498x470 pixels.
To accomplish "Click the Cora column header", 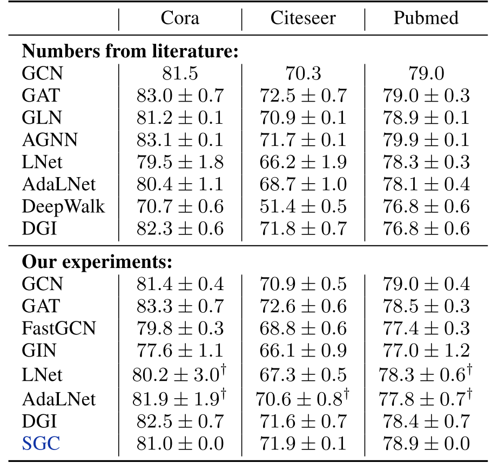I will click(179, 18).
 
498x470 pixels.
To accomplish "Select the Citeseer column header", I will click(302, 18).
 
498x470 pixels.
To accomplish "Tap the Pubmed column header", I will click(426, 18).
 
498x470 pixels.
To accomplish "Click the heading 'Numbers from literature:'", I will click(130, 52).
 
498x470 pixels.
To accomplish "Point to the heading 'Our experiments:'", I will click(97, 262).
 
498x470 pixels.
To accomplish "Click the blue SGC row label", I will click(41, 444).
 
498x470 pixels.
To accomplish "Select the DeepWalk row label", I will click(64, 206).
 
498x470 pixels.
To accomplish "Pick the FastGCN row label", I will click(59, 328).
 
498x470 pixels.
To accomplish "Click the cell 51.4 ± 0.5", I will click(302, 206).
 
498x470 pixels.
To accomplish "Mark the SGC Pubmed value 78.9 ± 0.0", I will click(426, 444).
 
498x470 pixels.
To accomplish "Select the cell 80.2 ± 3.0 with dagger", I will click(179, 374).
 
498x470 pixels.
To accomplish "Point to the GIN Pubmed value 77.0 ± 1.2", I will click(426, 351).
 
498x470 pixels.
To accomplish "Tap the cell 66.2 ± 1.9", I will click(302, 162).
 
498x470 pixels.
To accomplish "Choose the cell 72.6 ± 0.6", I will click(302, 306).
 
